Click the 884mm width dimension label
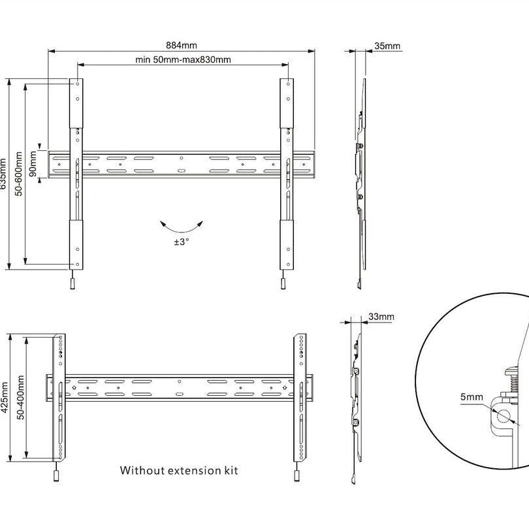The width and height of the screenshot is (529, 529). point(182,45)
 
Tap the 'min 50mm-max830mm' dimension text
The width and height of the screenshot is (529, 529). point(183,59)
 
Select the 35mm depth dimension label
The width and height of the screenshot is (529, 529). point(388,46)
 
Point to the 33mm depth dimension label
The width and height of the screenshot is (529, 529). point(381,317)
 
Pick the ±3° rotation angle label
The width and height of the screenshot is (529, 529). point(182,242)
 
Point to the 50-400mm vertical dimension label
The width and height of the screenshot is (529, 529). point(20,396)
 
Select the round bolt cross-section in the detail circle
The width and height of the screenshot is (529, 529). point(504,415)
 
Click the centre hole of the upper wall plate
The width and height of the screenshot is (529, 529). point(181,157)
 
